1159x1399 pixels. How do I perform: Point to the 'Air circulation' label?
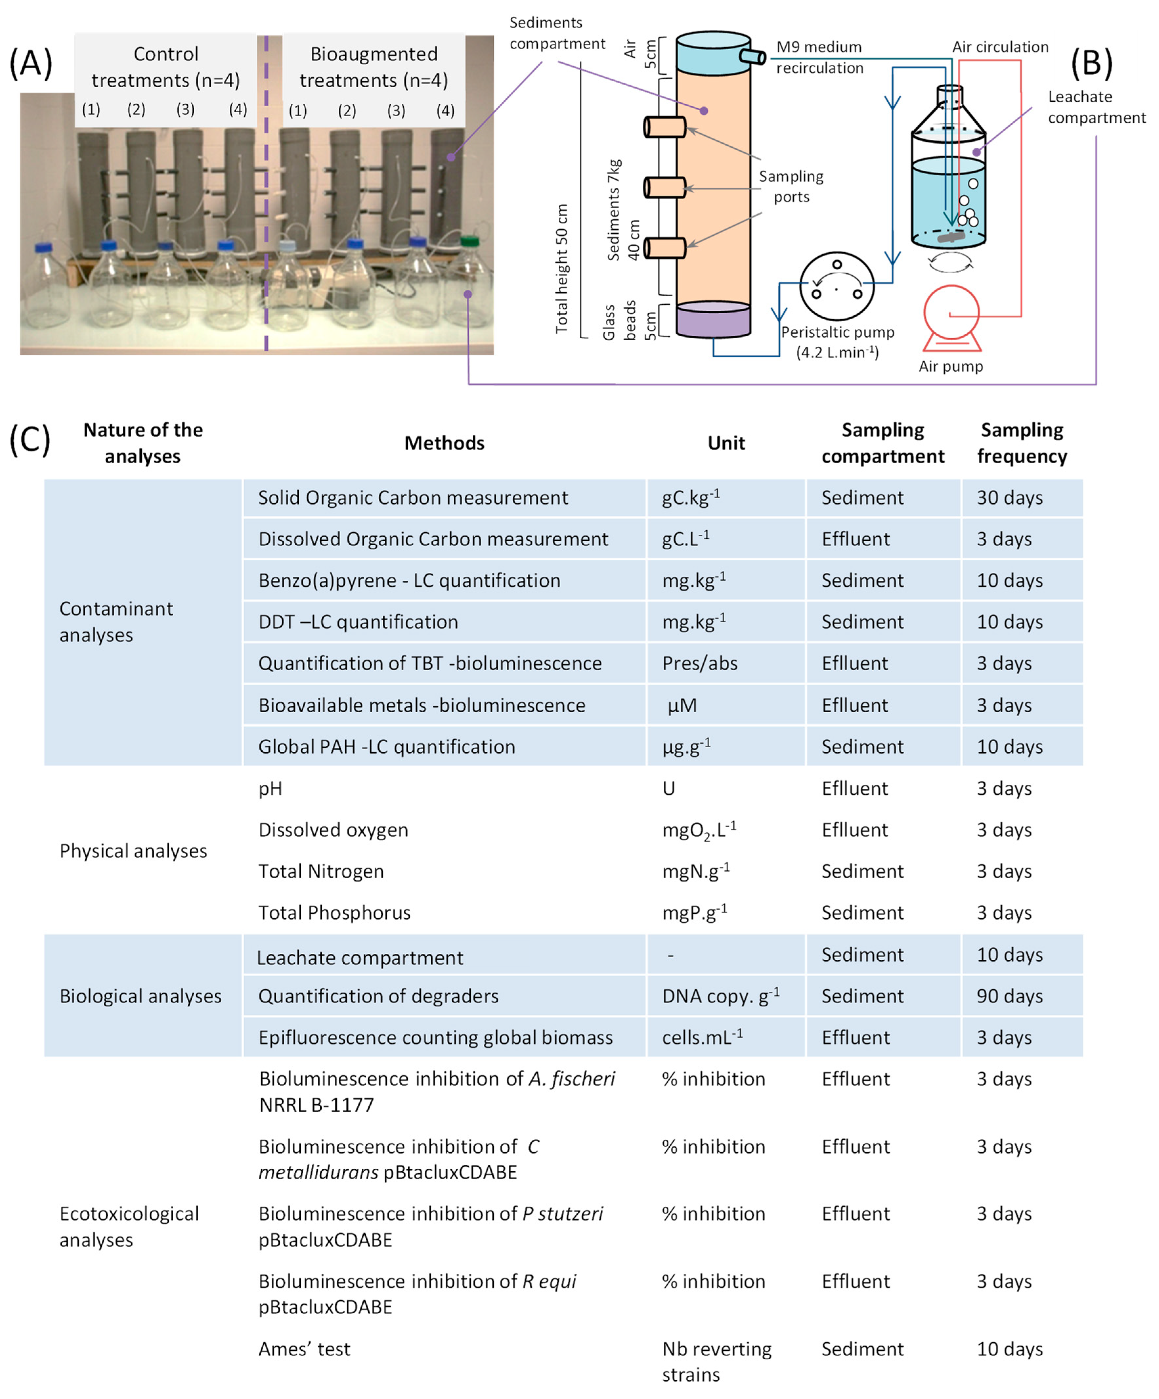1000,47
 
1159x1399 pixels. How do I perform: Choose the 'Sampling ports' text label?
791,187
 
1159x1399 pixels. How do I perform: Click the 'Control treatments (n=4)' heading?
165,67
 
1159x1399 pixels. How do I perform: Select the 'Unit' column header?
726,443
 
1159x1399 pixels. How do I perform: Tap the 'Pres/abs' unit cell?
700,663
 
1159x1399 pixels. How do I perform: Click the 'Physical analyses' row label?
133,851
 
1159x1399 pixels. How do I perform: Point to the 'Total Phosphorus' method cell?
334,913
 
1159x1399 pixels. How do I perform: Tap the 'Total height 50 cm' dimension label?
562,268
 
